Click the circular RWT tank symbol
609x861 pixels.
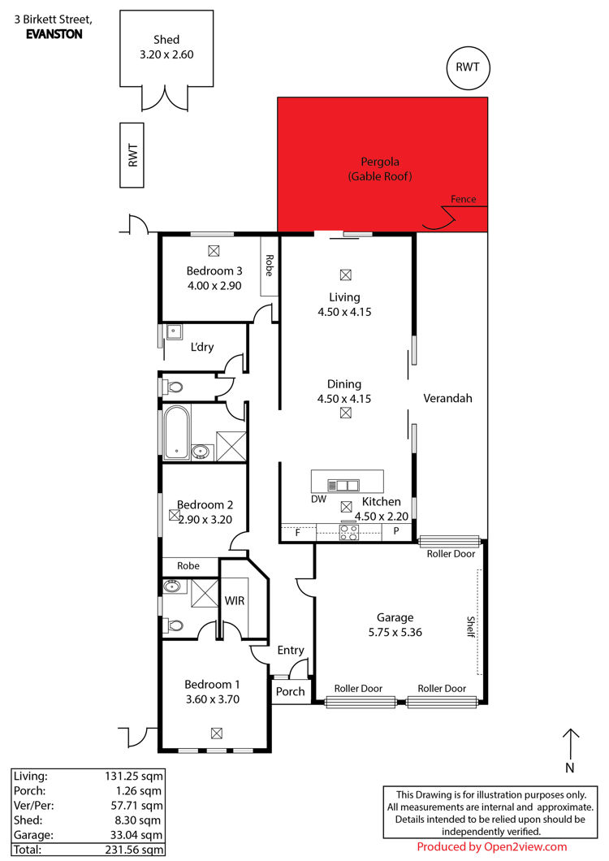(468, 67)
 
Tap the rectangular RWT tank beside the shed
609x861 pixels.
(132, 155)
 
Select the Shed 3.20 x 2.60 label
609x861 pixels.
(166, 46)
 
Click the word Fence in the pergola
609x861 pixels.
(463, 199)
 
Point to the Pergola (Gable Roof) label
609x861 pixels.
(379, 169)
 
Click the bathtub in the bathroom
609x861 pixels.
(176, 433)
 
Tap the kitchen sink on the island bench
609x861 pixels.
(343, 485)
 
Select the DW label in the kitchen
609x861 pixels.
(318, 500)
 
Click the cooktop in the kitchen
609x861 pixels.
(348, 531)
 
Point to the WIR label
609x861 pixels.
(235, 601)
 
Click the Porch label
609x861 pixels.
(290, 691)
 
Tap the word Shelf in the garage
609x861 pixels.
(471, 626)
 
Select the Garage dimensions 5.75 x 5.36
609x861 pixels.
(395, 632)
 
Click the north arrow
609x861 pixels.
(571, 743)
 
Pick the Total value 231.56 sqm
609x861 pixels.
(135, 850)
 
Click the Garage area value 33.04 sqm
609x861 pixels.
(136, 835)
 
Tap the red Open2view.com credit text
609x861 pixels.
(491, 846)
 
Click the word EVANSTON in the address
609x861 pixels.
(54, 34)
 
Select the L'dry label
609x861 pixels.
(202, 347)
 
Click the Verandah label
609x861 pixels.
(447, 398)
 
